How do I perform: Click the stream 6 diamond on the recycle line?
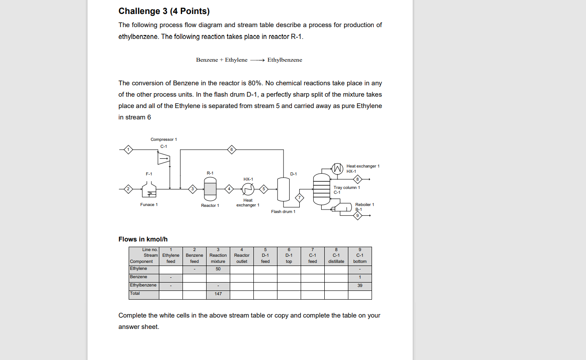pyautogui.click(x=232, y=150)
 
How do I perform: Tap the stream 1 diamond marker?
pyautogui.click(x=128, y=150)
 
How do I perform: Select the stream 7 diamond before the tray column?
pyautogui.click(x=299, y=197)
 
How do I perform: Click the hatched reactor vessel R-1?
pyautogui.click(x=210, y=189)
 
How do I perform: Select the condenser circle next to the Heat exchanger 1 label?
pyautogui.click(x=337, y=168)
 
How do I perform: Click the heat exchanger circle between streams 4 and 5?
pyautogui.click(x=248, y=189)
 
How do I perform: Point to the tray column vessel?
pyautogui.click(x=321, y=189)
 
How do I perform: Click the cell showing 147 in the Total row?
pyautogui.click(x=218, y=294)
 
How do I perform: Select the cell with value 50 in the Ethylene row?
pyautogui.click(x=218, y=269)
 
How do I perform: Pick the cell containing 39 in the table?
pyautogui.click(x=360, y=286)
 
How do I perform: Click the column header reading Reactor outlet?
pyautogui.click(x=242, y=258)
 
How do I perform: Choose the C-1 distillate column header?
pyautogui.click(x=336, y=258)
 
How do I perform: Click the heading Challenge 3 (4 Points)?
pyautogui.click(x=164, y=11)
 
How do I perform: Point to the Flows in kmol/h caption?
pyautogui.click(x=143, y=239)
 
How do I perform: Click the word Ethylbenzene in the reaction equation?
pyautogui.click(x=284, y=60)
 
